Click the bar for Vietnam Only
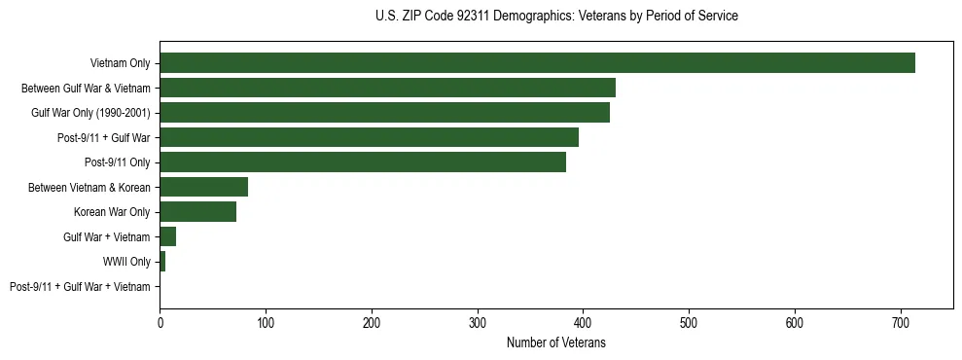coord(537,63)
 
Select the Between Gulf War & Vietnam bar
coord(387,88)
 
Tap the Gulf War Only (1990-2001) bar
coord(384,113)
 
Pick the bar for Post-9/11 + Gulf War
coord(369,137)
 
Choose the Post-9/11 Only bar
coord(363,162)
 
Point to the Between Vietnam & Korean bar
coord(203,187)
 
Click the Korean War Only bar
coord(197,212)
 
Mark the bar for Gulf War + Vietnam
coord(167,236)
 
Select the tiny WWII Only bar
coord(162,262)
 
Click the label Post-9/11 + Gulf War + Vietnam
coord(80,287)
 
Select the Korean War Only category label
coord(112,212)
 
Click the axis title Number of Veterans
coord(555,342)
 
